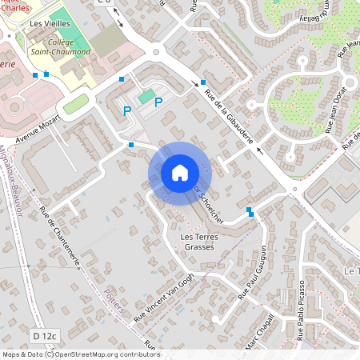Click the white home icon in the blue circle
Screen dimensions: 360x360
coord(180,173)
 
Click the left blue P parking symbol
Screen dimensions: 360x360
coord(126,110)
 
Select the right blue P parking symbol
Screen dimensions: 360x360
coord(158,102)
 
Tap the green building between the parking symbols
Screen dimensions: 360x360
coord(146,97)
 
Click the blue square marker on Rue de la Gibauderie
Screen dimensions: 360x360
coord(203,82)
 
